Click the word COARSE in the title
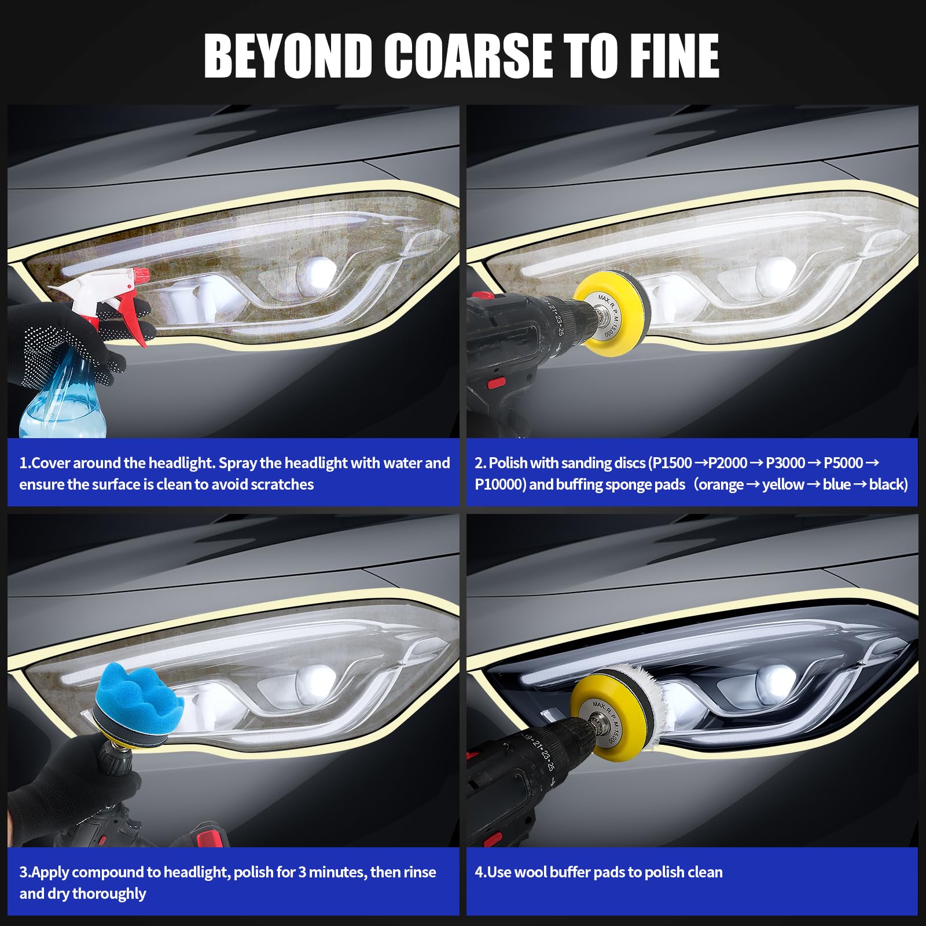(x=469, y=56)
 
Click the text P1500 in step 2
(x=673, y=463)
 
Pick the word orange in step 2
(x=721, y=485)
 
